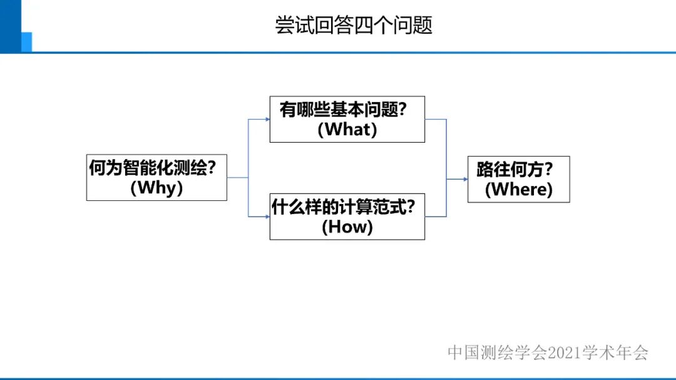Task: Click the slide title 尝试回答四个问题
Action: pyautogui.click(x=354, y=25)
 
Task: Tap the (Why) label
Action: pyautogui.click(x=156, y=188)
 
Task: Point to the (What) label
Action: pyautogui.click(x=347, y=130)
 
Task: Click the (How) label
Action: pyautogui.click(x=347, y=227)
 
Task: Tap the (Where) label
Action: pyautogui.click(x=518, y=189)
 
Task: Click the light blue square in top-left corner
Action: pyautogui.click(x=26, y=41)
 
